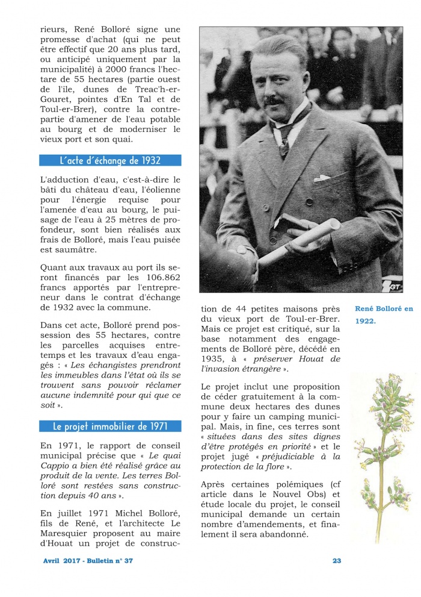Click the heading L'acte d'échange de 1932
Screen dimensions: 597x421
pos(109,161)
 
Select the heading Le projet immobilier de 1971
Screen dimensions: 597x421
pos(109,427)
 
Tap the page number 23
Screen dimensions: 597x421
pos(337,561)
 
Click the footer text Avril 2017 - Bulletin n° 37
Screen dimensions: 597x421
pos(88,561)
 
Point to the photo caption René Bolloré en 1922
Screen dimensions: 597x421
pos(383,314)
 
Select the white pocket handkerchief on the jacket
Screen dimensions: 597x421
pos(322,178)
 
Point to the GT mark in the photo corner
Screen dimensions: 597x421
pos(394,287)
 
